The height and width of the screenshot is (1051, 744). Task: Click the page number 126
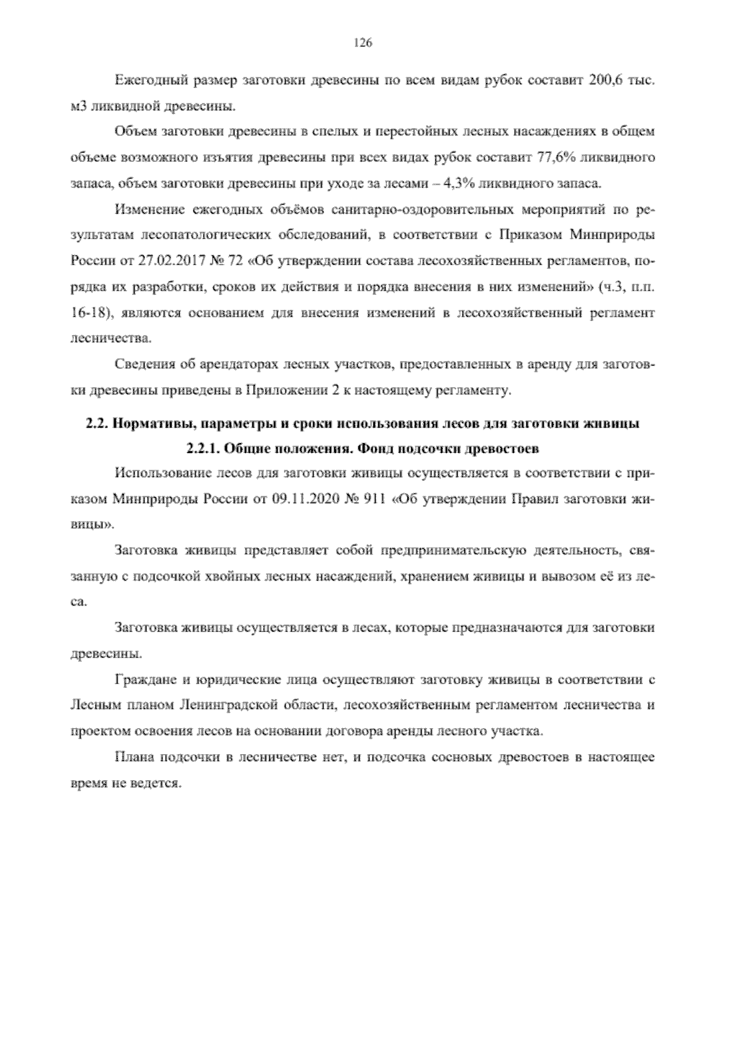(362, 43)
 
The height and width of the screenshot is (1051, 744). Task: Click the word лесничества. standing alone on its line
(102, 339)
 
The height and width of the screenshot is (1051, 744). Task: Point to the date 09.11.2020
(301, 499)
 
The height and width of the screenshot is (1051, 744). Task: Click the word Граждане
(146, 680)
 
